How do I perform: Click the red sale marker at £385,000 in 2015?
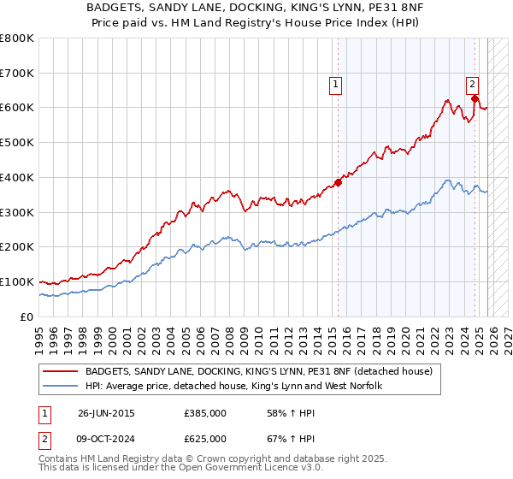[x=338, y=181]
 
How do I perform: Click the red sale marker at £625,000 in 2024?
[x=475, y=98]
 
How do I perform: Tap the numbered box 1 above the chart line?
[x=336, y=84]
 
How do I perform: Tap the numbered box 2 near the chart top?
[x=472, y=84]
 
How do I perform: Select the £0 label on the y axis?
[x=26, y=316]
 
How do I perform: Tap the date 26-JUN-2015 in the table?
[x=106, y=413]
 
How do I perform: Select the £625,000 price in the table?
[x=205, y=439]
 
